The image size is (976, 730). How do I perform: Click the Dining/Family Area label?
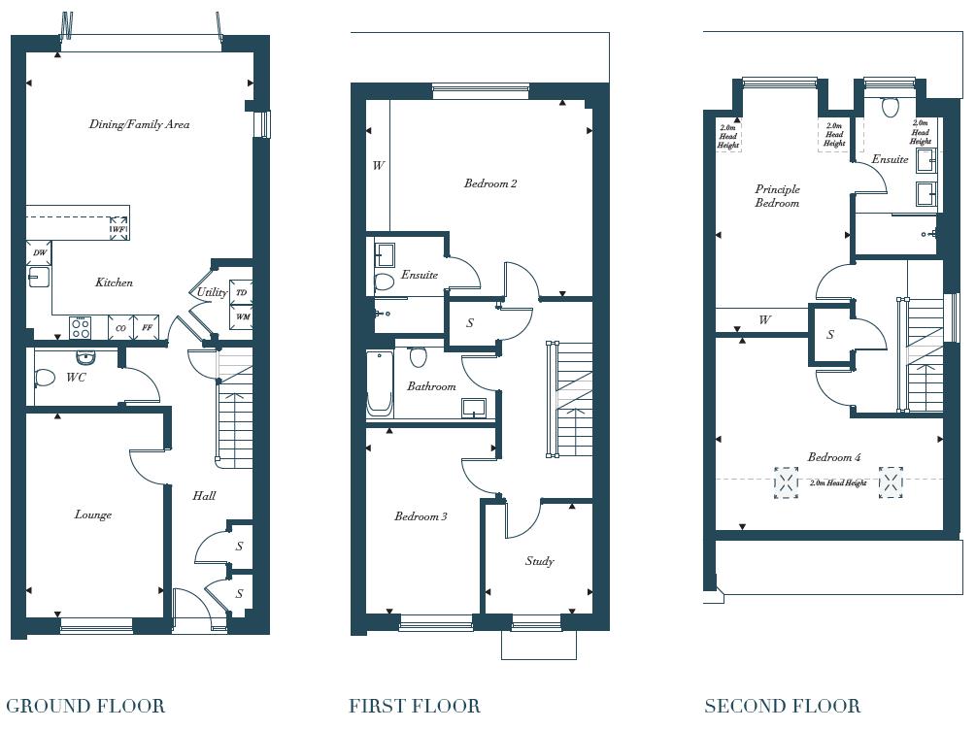coord(139,124)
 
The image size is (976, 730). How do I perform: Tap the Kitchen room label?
coord(114,282)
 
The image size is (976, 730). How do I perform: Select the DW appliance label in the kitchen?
coord(40,253)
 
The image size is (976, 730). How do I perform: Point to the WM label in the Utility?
coord(242,316)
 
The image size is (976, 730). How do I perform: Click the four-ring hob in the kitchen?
coord(80,328)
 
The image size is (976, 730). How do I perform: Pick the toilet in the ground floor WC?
coord(45,378)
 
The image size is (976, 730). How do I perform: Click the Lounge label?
coord(93,514)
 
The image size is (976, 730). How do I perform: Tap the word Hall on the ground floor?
coord(204,495)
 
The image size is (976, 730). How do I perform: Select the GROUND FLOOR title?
coord(85,706)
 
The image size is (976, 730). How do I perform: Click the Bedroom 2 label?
coord(489,183)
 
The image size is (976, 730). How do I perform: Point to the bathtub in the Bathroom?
coord(378,385)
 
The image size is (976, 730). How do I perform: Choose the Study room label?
coord(539,561)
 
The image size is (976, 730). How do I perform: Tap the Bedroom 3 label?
coord(421,516)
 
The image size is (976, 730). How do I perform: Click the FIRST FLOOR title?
coord(415,706)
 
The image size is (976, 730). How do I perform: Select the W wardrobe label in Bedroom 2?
coord(378,166)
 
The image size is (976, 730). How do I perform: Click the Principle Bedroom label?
coord(777,196)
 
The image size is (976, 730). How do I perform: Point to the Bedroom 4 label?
coord(833,457)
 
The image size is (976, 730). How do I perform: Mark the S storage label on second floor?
coord(830,335)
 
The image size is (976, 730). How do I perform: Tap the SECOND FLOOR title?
coord(782,706)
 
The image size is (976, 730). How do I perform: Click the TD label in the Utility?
coord(242,292)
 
